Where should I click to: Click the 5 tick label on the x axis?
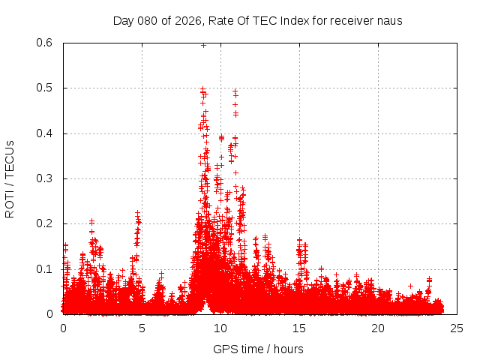click(142, 328)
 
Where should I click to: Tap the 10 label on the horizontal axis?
click(220, 328)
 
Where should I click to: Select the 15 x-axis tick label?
click(299, 328)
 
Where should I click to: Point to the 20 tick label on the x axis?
click(378, 328)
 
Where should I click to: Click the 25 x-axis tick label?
click(457, 328)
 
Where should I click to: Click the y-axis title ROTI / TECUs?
click(10, 178)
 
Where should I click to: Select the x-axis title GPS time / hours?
click(258, 349)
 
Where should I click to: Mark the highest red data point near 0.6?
click(203, 45)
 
